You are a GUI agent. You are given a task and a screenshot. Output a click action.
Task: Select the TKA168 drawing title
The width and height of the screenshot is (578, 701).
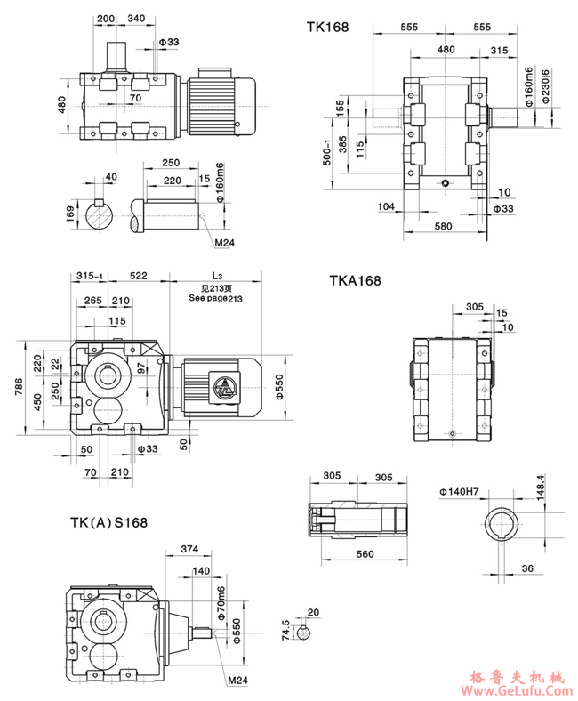[x=355, y=280]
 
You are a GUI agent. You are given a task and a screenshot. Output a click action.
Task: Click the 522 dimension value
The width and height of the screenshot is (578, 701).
[x=138, y=275]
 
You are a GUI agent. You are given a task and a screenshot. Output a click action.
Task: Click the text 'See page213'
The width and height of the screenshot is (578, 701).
[x=216, y=299]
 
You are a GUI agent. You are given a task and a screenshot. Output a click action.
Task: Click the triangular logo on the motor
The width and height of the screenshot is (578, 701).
[x=221, y=388]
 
